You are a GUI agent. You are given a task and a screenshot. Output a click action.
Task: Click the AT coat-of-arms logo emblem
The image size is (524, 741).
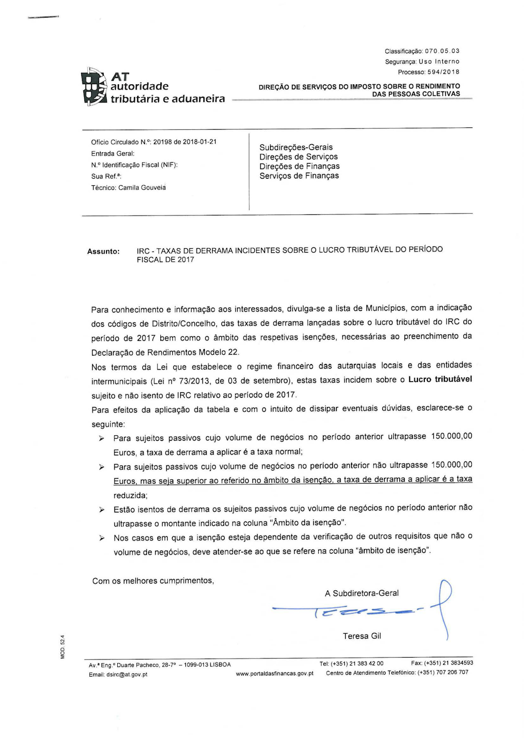pyautogui.click(x=95, y=87)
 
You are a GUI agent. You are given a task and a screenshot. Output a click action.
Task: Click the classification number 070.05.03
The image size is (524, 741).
pyautogui.click(x=442, y=51)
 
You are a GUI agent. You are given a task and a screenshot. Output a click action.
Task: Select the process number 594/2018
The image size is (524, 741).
pyautogui.click(x=443, y=72)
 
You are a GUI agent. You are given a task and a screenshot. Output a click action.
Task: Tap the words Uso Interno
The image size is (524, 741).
pyautogui.click(x=439, y=62)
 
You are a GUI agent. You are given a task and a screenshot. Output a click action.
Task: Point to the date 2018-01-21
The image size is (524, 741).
pyautogui.click(x=200, y=142)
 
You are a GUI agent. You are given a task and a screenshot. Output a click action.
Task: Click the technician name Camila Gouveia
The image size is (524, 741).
pyautogui.click(x=142, y=188)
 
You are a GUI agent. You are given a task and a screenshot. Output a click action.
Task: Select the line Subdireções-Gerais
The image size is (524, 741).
pyautogui.click(x=296, y=147)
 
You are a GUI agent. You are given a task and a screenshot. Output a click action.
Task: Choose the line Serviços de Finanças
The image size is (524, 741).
pyautogui.click(x=299, y=176)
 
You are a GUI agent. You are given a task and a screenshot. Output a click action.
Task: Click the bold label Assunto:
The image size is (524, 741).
pyautogui.click(x=103, y=251)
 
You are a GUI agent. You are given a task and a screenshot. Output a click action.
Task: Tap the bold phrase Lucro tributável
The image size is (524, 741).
pyautogui.click(x=440, y=379)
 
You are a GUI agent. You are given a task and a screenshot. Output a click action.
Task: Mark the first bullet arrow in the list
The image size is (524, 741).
pyautogui.click(x=101, y=438)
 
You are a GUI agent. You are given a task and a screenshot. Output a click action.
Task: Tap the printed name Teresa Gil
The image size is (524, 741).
pyautogui.click(x=362, y=636)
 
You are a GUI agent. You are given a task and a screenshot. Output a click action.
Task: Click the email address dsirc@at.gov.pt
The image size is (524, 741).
pyautogui.click(x=126, y=674)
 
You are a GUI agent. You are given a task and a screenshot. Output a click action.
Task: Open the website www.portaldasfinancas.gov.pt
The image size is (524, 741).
pyautogui.click(x=275, y=673)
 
